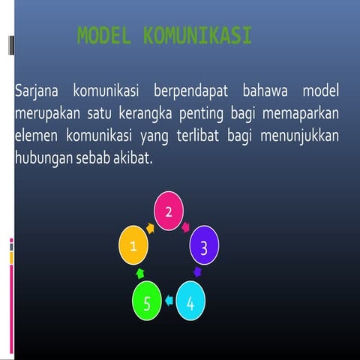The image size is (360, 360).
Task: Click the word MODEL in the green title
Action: (104, 35)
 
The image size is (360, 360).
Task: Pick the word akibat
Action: (130, 160)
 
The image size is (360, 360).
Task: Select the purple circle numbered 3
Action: (205, 246)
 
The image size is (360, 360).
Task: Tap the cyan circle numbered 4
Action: (190, 302)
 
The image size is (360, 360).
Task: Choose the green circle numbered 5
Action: (147, 302)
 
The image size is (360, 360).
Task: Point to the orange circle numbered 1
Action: (135, 246)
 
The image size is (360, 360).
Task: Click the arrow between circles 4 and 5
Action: (169, 301)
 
